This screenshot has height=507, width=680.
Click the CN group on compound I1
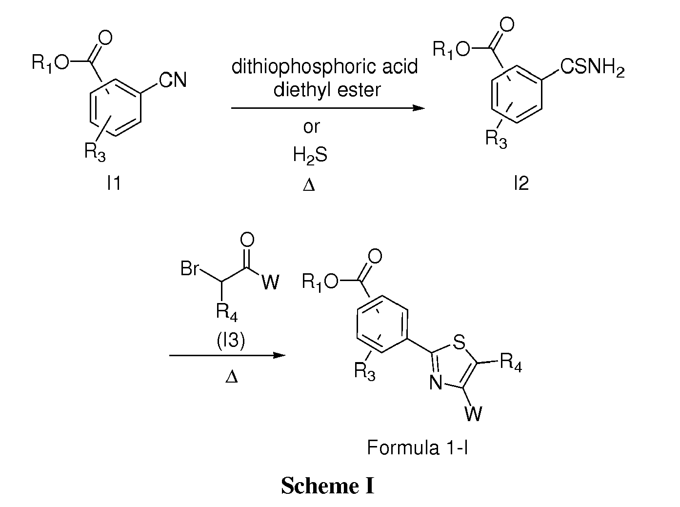[173, 80]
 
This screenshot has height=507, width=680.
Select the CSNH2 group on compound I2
[592, 67]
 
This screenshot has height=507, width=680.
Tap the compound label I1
[113, 183]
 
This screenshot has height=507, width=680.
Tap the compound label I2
[521, 183]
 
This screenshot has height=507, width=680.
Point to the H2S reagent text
[310, 155]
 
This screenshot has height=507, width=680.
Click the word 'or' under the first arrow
[311, 127]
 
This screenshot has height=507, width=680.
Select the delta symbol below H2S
[309, 185]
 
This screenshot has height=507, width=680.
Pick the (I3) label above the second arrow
[231, 341]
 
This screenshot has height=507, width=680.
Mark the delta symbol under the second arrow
[231, 377]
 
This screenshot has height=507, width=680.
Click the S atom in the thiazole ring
[459, 342]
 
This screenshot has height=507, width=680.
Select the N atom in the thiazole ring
[436, 383]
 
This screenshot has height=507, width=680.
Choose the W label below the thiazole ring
[474, 414]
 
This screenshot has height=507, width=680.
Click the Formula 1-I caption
[417, 447]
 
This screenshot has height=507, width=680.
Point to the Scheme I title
[327, 486]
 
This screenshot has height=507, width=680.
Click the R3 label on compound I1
[95, 152]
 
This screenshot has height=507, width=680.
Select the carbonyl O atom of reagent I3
[247, 240]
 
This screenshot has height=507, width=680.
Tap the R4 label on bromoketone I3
[227, 312]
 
